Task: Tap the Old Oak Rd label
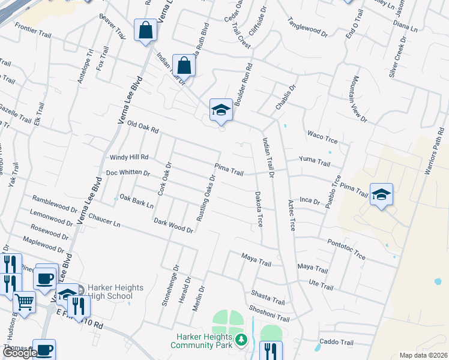pos(142,126)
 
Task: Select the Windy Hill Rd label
pos(128,157)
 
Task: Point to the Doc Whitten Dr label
pos(127,173)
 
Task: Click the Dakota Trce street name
pos(258,209)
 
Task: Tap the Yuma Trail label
pos(315,162)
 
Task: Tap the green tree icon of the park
pos(241,340)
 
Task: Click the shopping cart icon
pos(24,301)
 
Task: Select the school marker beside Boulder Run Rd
pos(221,109)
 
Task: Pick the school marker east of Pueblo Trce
pos(381,194)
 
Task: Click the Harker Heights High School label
pos(115,292)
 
